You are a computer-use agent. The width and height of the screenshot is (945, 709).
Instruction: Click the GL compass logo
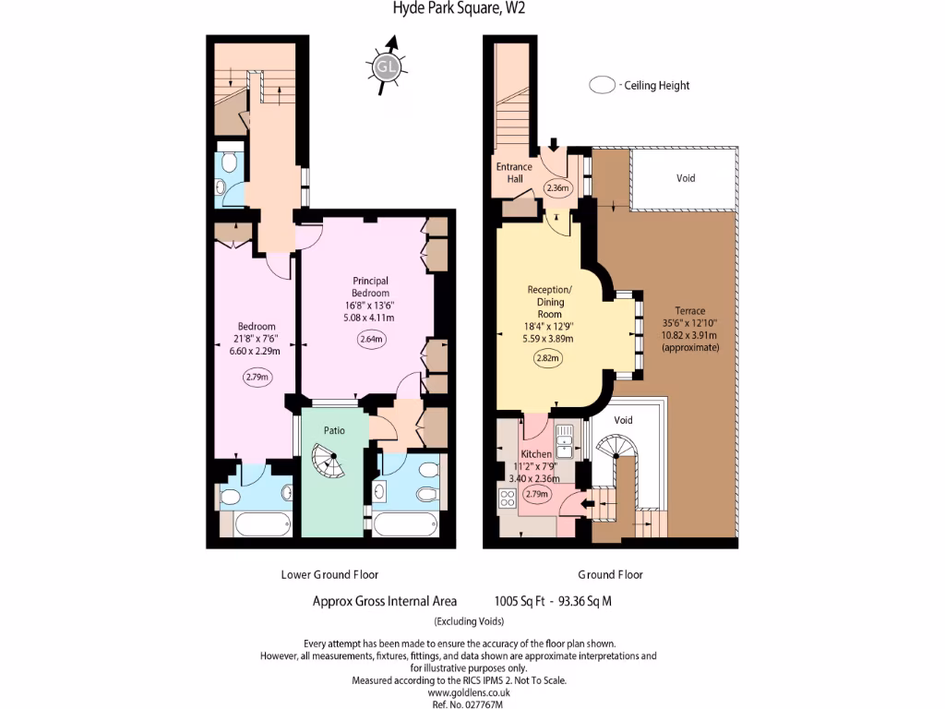tap(385, 66)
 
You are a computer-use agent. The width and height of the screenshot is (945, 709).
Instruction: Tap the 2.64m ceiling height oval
tap(371, 339)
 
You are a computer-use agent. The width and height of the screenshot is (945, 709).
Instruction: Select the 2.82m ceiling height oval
tap(547, 358)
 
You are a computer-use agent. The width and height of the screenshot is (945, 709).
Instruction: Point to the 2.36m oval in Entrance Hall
tap(557, 187)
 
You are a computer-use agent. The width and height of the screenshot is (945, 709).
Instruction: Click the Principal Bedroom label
tap(370, 287)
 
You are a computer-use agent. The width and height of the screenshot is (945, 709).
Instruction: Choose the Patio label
tap(334, 430)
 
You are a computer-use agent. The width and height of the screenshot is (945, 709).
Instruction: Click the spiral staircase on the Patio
tap(329, 460)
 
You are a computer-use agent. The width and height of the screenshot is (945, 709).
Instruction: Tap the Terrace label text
tap(689, 311)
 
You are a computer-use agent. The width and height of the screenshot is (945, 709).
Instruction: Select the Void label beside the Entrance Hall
tap(686, 178)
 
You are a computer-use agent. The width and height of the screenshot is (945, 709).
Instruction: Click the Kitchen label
tap(536, 454)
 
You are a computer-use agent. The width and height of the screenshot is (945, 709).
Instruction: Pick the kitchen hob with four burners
tap(507, 498)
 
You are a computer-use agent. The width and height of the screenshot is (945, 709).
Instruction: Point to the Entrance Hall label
tap(514, 173)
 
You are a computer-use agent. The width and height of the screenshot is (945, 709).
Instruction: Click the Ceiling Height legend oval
tap(602, 85)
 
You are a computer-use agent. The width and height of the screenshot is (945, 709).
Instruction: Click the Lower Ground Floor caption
tap(329, 574)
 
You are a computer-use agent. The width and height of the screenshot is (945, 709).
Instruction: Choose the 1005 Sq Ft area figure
tap(519, 601)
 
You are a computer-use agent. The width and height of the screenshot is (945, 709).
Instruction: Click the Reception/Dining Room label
tap(550, 302)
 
